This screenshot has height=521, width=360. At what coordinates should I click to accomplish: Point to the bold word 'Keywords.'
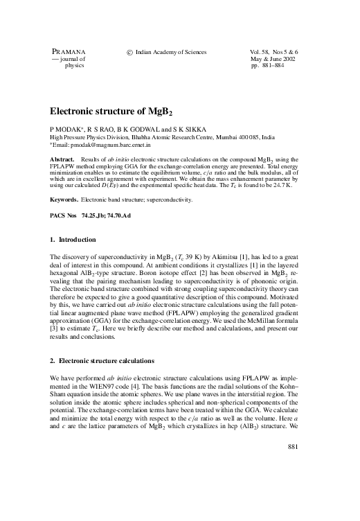[64, 200]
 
